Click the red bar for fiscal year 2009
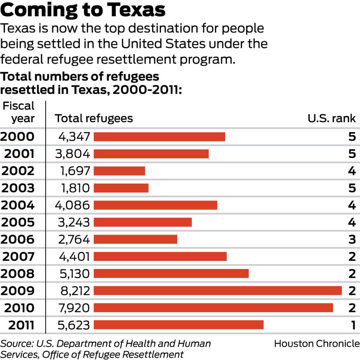tap(217, 290)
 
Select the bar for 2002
tap(119, 171)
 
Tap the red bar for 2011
tap(178, 325)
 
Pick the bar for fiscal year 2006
tap(135, 239)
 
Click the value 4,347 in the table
tap(74, 137)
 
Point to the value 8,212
tap(74, 290)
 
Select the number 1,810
tap(75, 188)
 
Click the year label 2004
tap(18, 205)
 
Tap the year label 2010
tap(19, 308)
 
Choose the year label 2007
tap(19, 257)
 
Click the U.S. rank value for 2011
tap(353, 325)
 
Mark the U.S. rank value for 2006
tap(352, 239)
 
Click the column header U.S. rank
tap(331, 118)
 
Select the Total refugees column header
tap(94, 118)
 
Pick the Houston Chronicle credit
tap(317, 344)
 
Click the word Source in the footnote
tap(16, 344)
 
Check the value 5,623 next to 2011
tap(73, 325)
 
